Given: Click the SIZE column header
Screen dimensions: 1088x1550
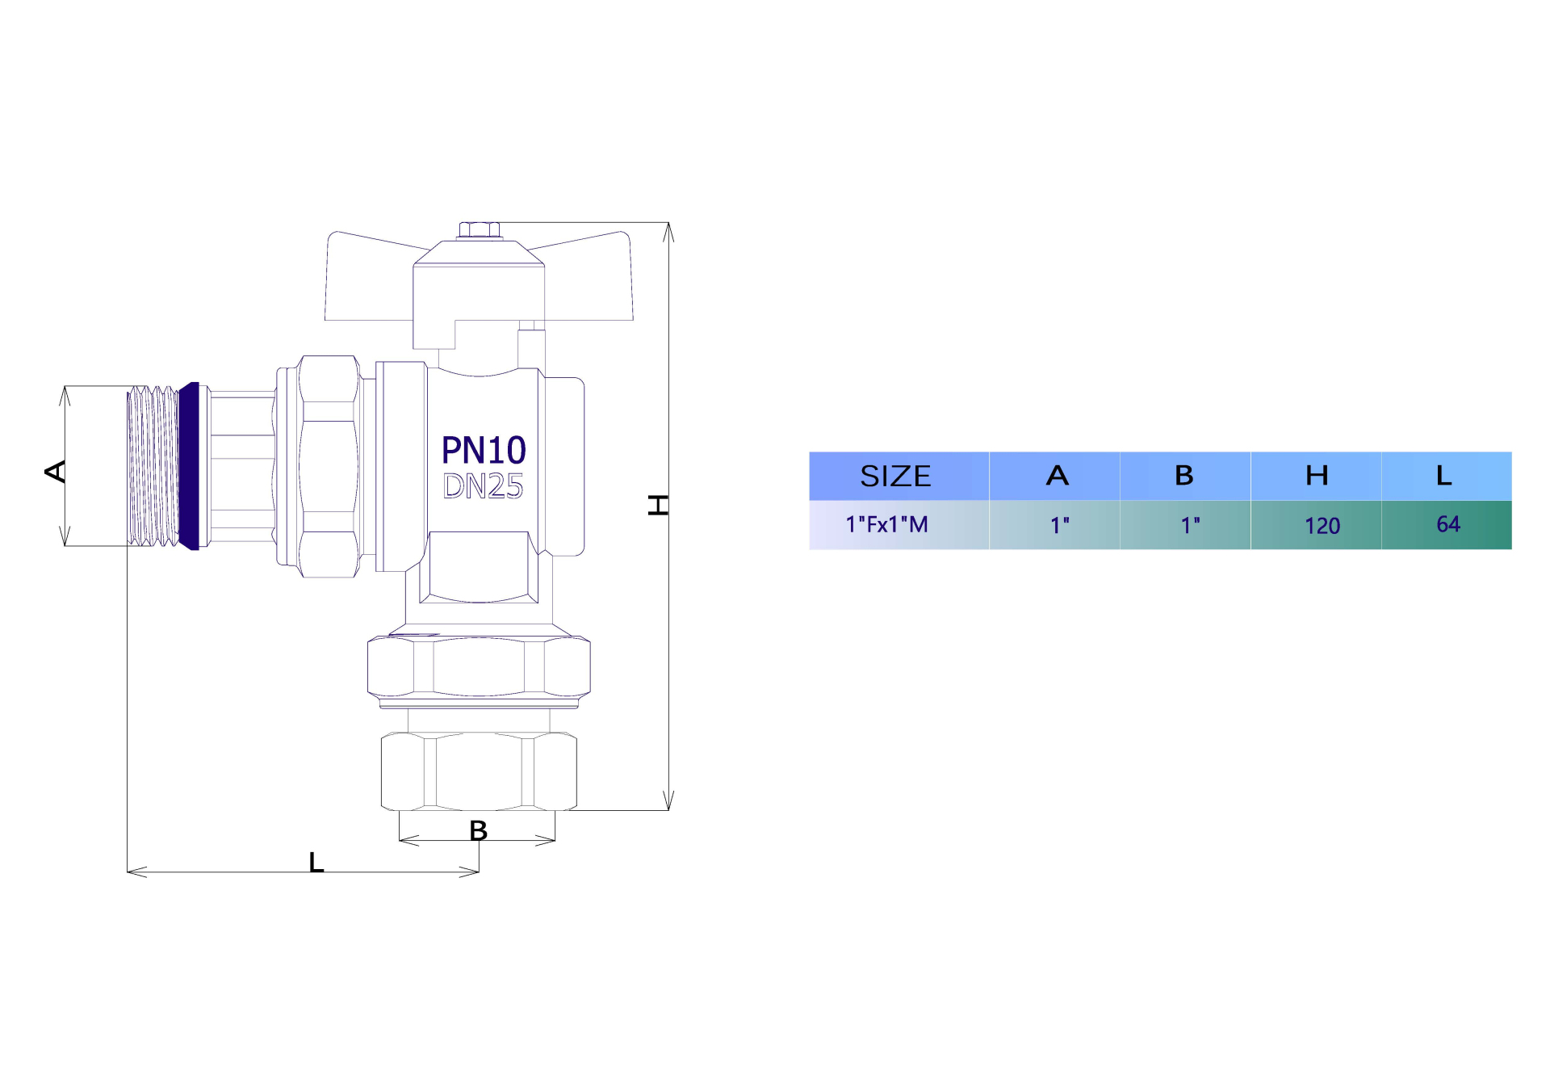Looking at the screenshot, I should point(895,476).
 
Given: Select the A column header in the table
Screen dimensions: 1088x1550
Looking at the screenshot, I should point(1057,476).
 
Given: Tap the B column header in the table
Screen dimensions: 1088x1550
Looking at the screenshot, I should point(1183,476).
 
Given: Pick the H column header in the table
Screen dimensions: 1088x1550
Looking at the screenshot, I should point(1317,476).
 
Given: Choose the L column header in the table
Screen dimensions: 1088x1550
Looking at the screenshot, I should point(1444,476).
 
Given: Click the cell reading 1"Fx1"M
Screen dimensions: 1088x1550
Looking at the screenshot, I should point(886,525).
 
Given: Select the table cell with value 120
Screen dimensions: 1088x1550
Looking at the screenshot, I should point(1322,526).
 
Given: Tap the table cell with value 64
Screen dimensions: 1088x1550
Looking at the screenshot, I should point(1448,524).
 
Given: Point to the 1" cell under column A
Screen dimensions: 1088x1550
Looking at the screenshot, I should point(1059,526).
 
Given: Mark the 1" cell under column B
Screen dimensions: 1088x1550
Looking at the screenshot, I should point(1190,526).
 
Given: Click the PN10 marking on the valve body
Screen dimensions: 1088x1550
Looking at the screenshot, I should point(484,450).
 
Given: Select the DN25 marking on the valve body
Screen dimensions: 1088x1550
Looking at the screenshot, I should point(483,486).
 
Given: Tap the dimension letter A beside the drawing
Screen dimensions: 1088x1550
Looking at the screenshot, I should point(56,471).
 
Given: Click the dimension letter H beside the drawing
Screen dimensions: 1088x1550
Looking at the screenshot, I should point(659,506).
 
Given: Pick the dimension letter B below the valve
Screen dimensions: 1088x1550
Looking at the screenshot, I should point(478,830).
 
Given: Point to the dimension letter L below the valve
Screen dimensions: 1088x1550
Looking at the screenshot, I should point(316,863).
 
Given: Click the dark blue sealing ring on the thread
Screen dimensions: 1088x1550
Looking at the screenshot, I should point(189,466).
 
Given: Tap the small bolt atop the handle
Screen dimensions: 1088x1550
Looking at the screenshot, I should point(480,230).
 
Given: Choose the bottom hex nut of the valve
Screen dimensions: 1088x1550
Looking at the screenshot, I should point(479,771).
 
